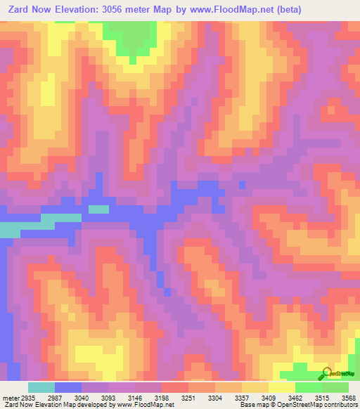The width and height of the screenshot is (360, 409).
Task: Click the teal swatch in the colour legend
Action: point(41,387)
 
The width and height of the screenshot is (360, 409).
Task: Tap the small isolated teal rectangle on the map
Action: point(98,209)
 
